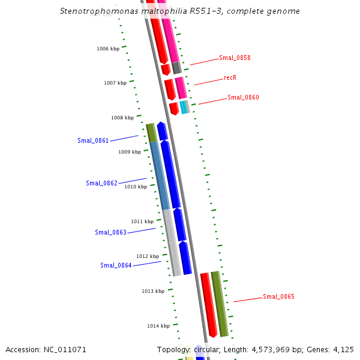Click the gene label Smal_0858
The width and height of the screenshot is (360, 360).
click(235, 58)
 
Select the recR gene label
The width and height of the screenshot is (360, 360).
click(230, 77)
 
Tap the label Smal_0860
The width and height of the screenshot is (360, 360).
click(243, 97)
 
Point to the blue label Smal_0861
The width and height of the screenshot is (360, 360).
click(93, 140)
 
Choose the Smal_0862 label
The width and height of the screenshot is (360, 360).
click(101, 183)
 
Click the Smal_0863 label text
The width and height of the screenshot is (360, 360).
click(110, 232)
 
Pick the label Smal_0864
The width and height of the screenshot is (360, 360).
click(116, 265)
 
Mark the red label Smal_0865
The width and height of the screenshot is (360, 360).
click(278, 296)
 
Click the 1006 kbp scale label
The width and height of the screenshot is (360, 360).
click(108, 49)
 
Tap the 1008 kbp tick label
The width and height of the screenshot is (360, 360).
click(122, 118)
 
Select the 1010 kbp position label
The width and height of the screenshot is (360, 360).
click(136, 187)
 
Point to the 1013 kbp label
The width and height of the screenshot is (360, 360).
click(153, 291)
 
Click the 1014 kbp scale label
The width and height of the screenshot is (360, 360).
click(158, 326)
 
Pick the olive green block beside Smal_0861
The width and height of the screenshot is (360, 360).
click(151, 132)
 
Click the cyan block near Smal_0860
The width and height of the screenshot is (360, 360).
click(183, 107)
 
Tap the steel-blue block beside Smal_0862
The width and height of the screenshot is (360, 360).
click(160, 176)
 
